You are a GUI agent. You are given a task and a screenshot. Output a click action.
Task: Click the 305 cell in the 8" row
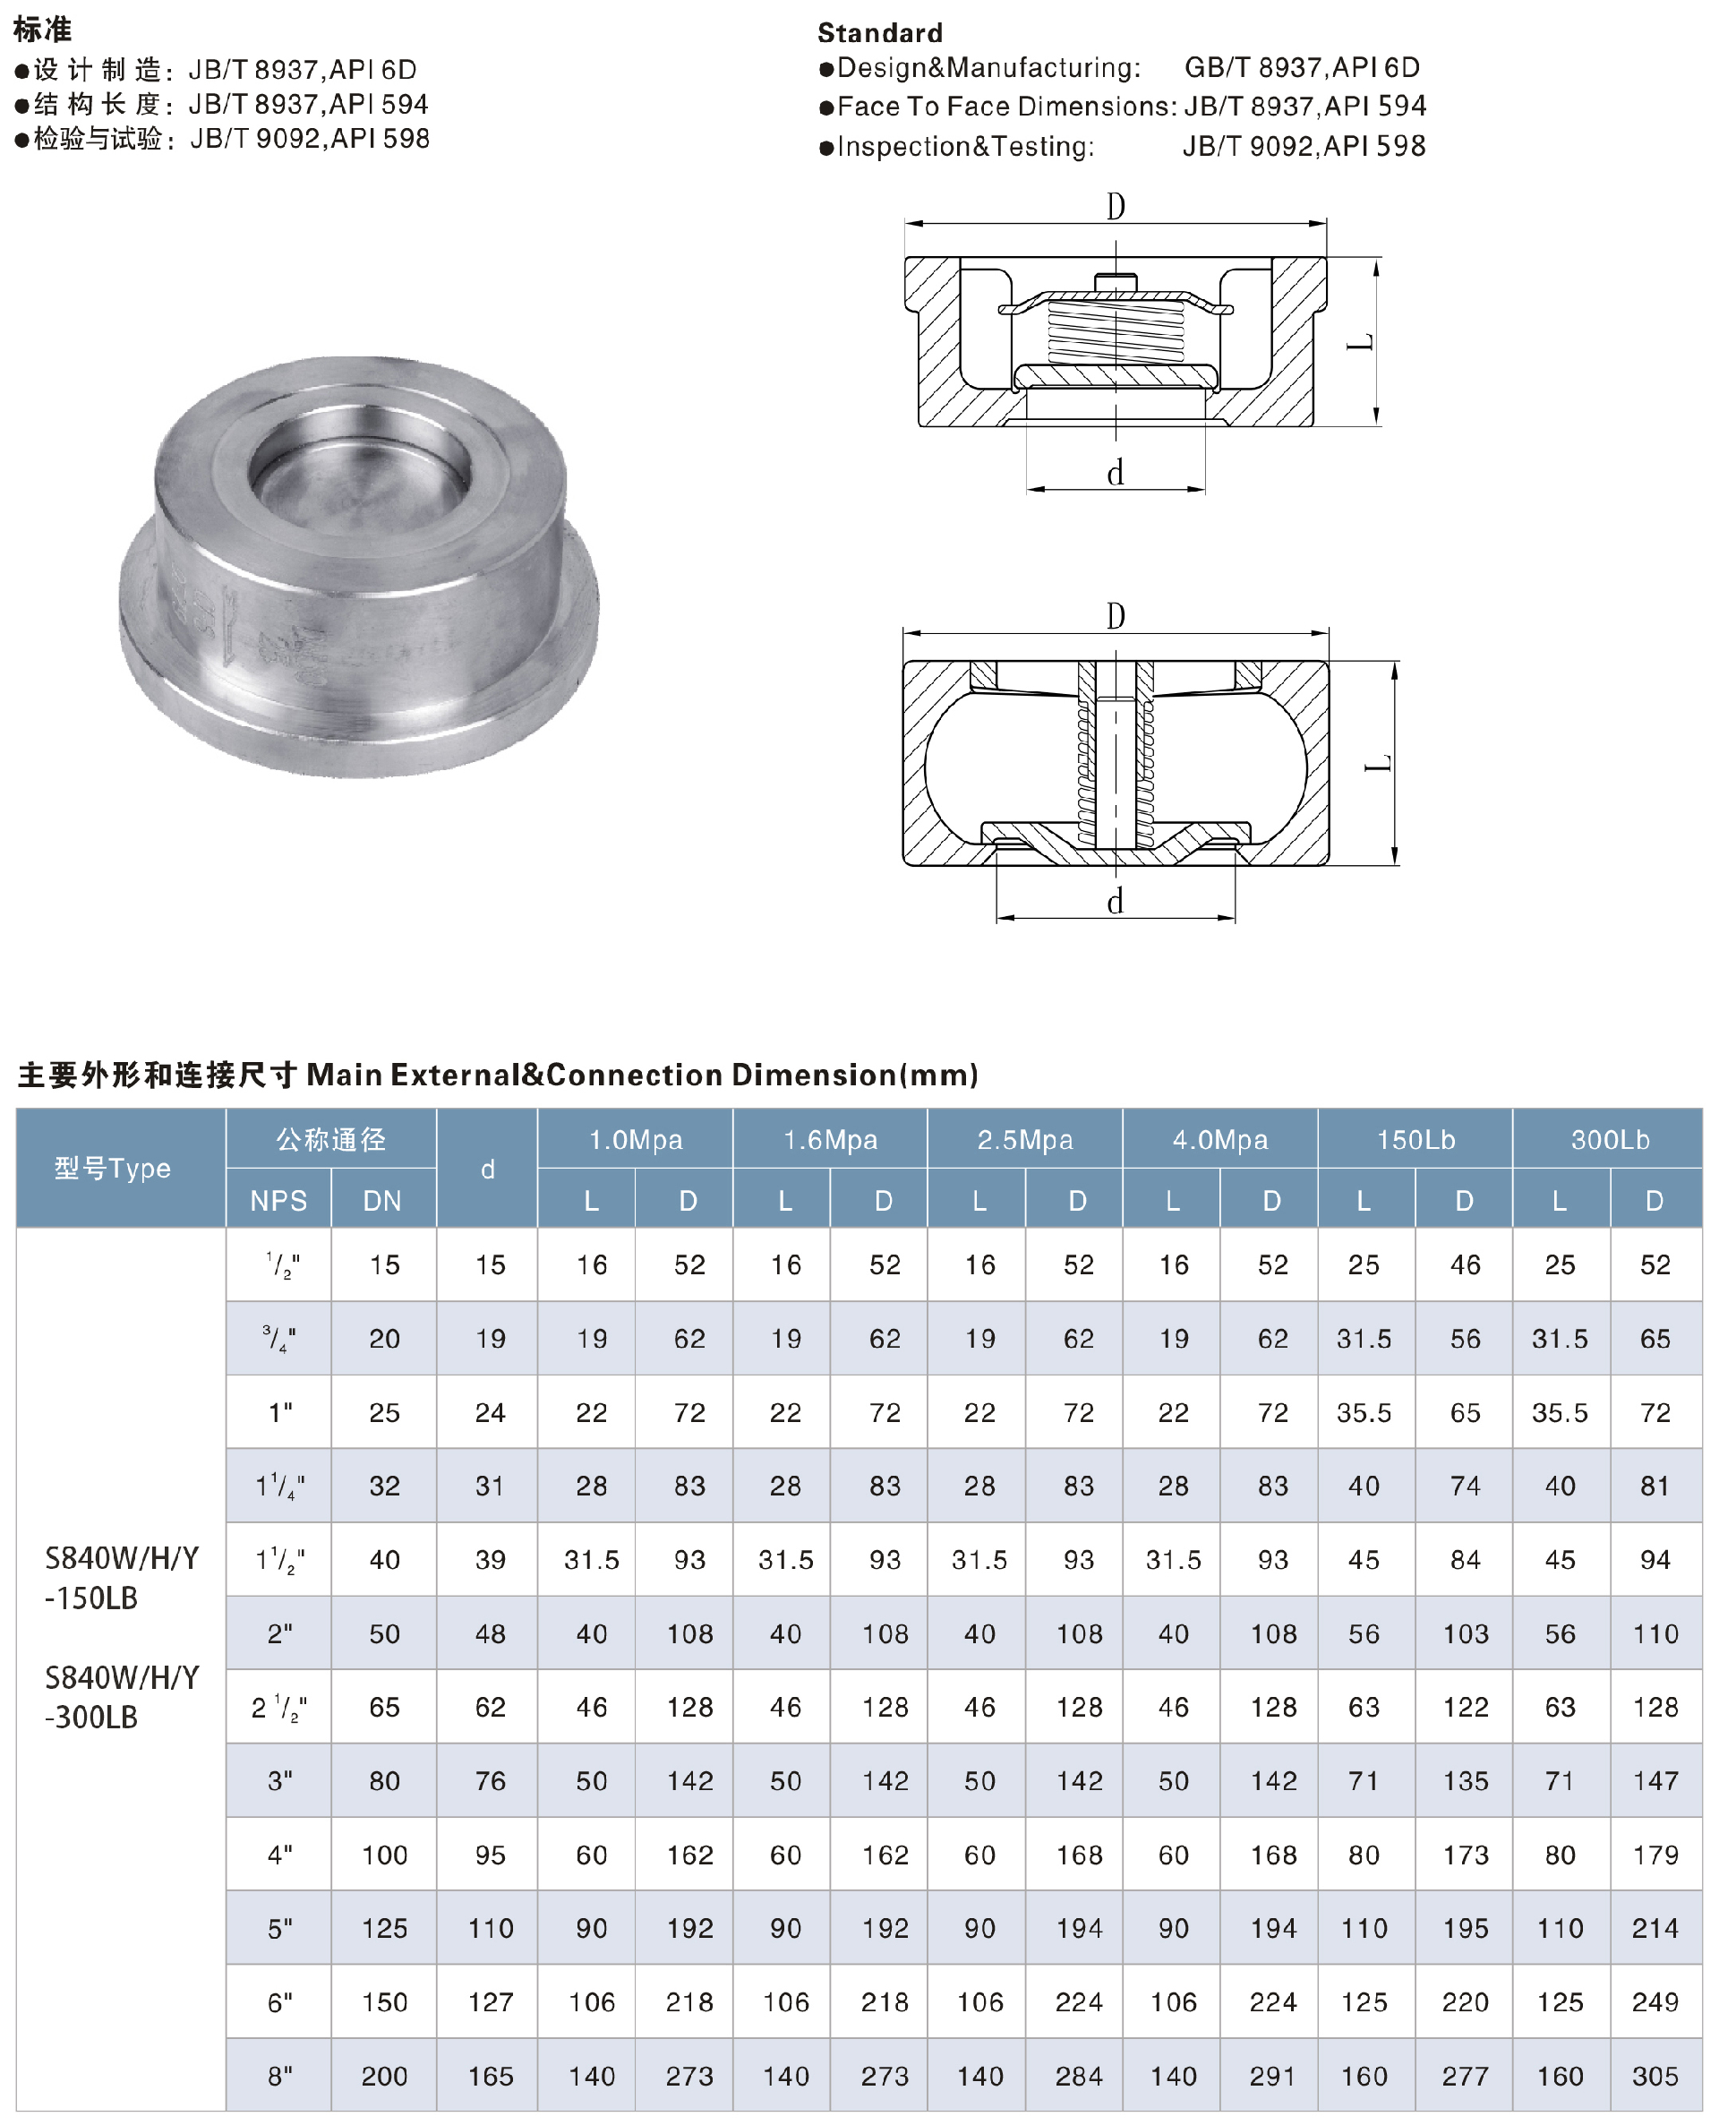click(x=1655, y=2076)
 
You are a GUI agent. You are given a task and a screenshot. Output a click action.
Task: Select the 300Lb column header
click(x=1609, y=1140)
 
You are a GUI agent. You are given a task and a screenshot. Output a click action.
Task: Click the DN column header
click(x=382, y=1200)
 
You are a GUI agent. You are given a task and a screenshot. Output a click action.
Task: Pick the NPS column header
click(x=278, y=1200)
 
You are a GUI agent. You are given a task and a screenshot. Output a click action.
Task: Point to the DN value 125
click(x=384, y=1928)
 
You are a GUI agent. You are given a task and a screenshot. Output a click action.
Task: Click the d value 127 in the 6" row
click(x=490, y=2002)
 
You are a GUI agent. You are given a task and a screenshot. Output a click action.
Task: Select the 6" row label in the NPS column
click(x=280, y=2002)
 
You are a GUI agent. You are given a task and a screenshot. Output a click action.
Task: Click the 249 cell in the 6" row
click(x=1655, y=2002)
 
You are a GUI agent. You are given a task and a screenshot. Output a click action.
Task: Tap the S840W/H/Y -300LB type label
click(x=121, y=1697)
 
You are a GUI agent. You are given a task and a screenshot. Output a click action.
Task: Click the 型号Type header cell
click(x=112, y=1169)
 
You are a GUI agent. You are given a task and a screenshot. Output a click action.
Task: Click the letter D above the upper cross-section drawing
click(x=1115, y=207)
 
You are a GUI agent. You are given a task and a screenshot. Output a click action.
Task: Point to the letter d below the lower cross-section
click(x=1115, y=902)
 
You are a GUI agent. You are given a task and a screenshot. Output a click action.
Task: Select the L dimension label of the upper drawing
click(x=1362, y=343)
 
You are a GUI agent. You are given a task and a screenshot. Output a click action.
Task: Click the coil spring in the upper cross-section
click(x=1115, y=330)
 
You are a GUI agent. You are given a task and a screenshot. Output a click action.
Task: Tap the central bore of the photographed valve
click(x=358, y=474)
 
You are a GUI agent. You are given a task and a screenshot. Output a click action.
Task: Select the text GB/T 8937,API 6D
click(x=1301, y=67)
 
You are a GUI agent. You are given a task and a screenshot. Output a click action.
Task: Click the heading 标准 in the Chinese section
click(x=43, y=30)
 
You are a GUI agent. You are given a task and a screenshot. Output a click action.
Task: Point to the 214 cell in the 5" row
click(x=1655, y=1928)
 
